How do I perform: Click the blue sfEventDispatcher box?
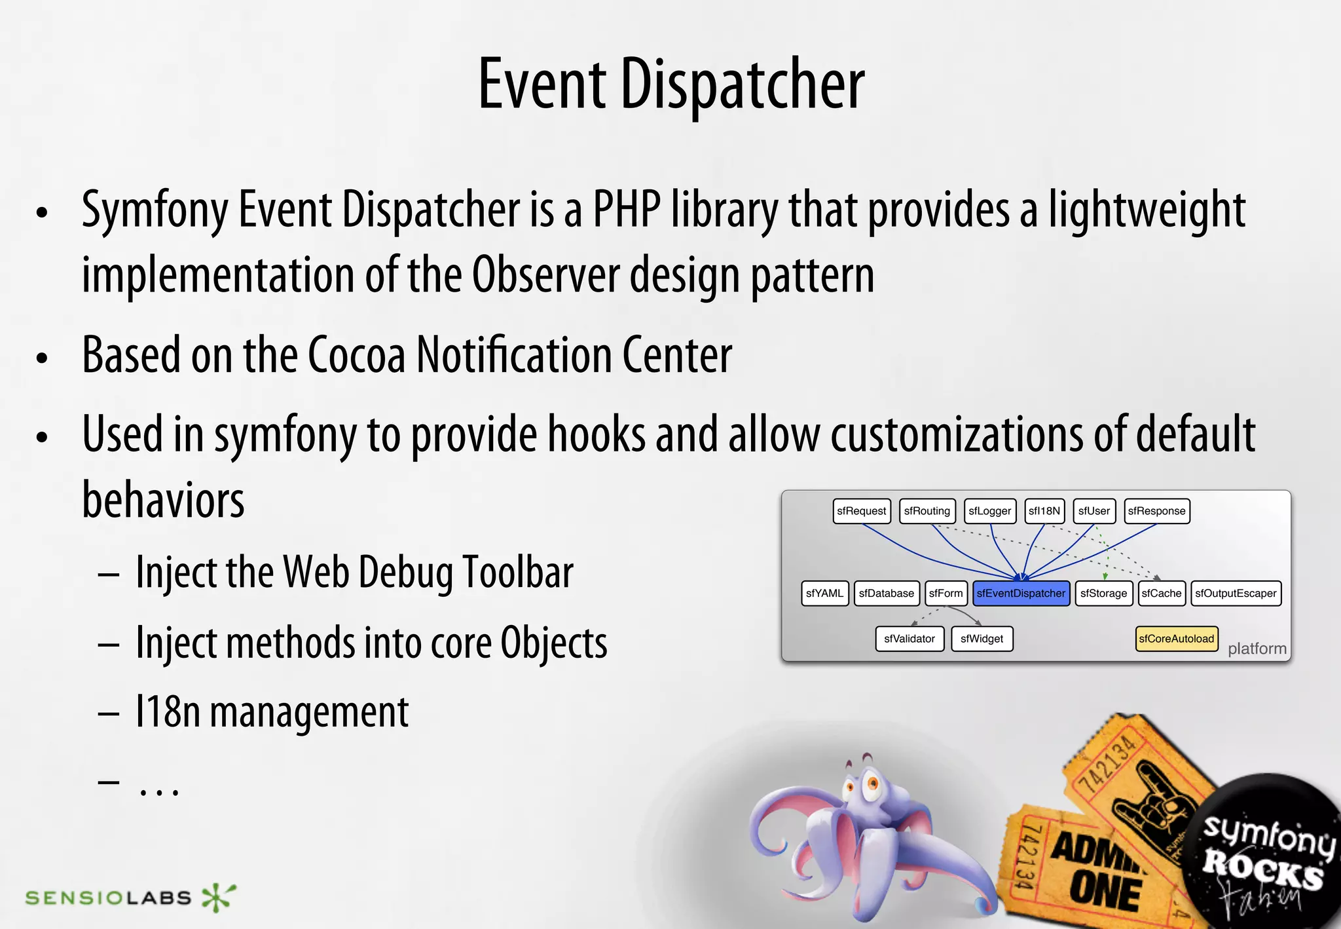pos(1021,594)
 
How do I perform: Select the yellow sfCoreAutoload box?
pos(1176,639)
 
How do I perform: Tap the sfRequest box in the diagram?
pos(861,511)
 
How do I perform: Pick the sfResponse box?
pos(1156,511)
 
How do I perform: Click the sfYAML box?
pos(824,594)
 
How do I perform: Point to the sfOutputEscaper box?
pos(1235,594)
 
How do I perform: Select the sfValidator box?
pos(909,639)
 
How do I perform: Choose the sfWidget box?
pos(982,639)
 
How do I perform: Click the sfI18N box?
pos(1044,511)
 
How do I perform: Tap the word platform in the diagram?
pos(1257,649)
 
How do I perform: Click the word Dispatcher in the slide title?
pos(742,85)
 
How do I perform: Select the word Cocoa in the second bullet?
pos(356,356)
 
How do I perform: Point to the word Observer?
pos(545,275)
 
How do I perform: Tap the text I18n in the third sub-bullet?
pos(167,712)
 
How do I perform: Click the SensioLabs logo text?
pos(108,898)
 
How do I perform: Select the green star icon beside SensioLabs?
pos(217,897)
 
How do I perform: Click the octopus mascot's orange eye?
pos(872,782)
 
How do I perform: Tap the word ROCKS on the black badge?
pos(1262,871)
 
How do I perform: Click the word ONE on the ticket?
pos(1105,892)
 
